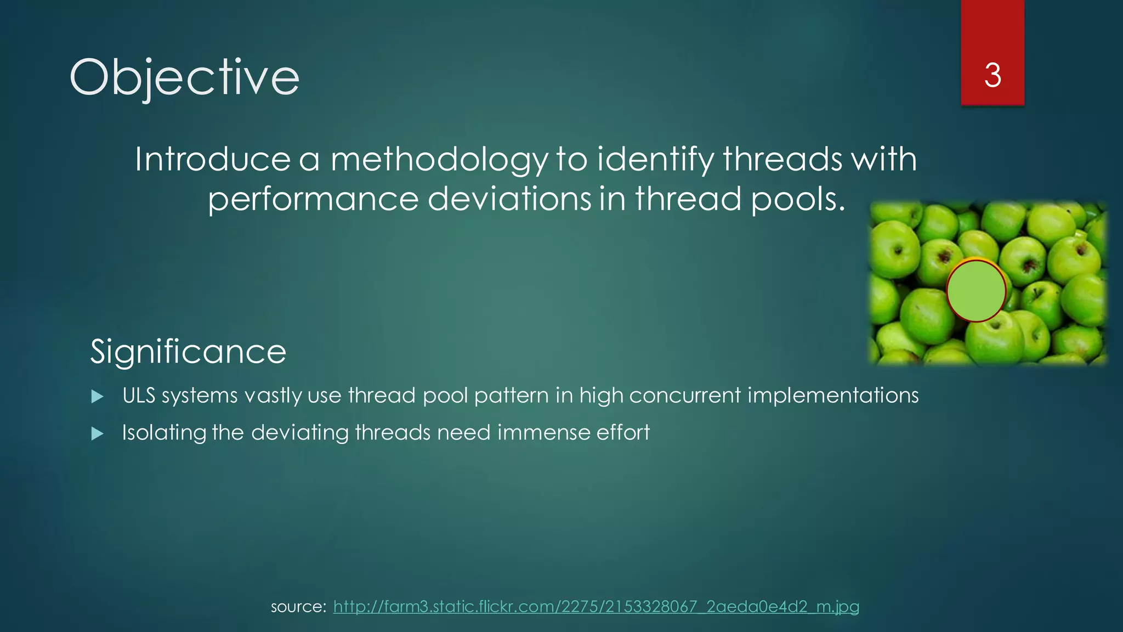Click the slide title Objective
pyautogui.click(x=184, y=78)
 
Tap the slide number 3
pyautogui.click(x=992, y=76)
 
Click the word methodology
pyautogui.click(x=439, y=160)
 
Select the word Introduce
pyautogui.click(x=213, y=160)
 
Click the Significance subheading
pyautogui.click(x=188, y=352)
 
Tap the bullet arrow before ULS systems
pyautogui.click(x=98, y=397)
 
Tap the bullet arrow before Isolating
pyautogui.click(x=98, y=434)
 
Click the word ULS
pyautogui.click(x=139, y=396)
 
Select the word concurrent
pyautogui.click(x=685, y=396)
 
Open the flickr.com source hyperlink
pyautogui.click(x=596, y=607)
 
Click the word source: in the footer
pyautogui.click(x=298, y=607)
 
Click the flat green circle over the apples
pyautogui.click(x=976, y=291)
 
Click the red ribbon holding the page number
pyautogui.click(x=992, y=33)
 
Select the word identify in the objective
pyautogui.click(x=655, y=160)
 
